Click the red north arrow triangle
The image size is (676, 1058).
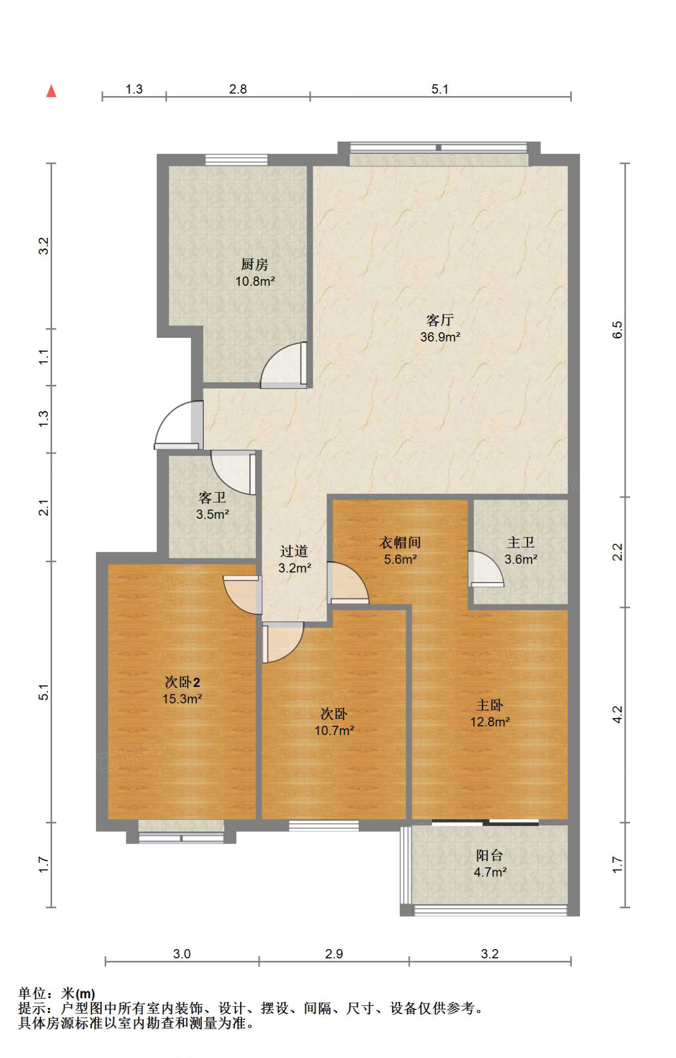[x=51, y=91]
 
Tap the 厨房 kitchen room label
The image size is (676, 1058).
[x=255, y=264]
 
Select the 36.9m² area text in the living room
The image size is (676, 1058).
[x=440, y=337]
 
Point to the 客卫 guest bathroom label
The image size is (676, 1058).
[x=213, y=497]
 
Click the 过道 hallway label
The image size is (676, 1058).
[x=294, y=551]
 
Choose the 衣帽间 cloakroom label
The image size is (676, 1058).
[x=400, y=542]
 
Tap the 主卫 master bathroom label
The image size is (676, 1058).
[x=521, y=542]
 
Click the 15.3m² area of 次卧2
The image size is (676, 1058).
[x=182, y=699]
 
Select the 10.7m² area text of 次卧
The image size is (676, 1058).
[x=334, y=731]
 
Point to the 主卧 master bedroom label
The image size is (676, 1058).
[x=490, y=705]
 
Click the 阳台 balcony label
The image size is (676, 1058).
[x=490, y=855]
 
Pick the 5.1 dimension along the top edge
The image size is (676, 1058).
[x=440, y=89]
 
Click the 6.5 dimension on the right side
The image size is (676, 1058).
[x=617, y=330]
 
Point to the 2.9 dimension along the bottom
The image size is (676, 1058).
[x=334, y=954]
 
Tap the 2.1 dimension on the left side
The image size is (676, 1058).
[x=44, y=507]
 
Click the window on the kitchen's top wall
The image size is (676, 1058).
[x=236, y=160]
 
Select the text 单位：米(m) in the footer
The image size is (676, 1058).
[x=57, y=993]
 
